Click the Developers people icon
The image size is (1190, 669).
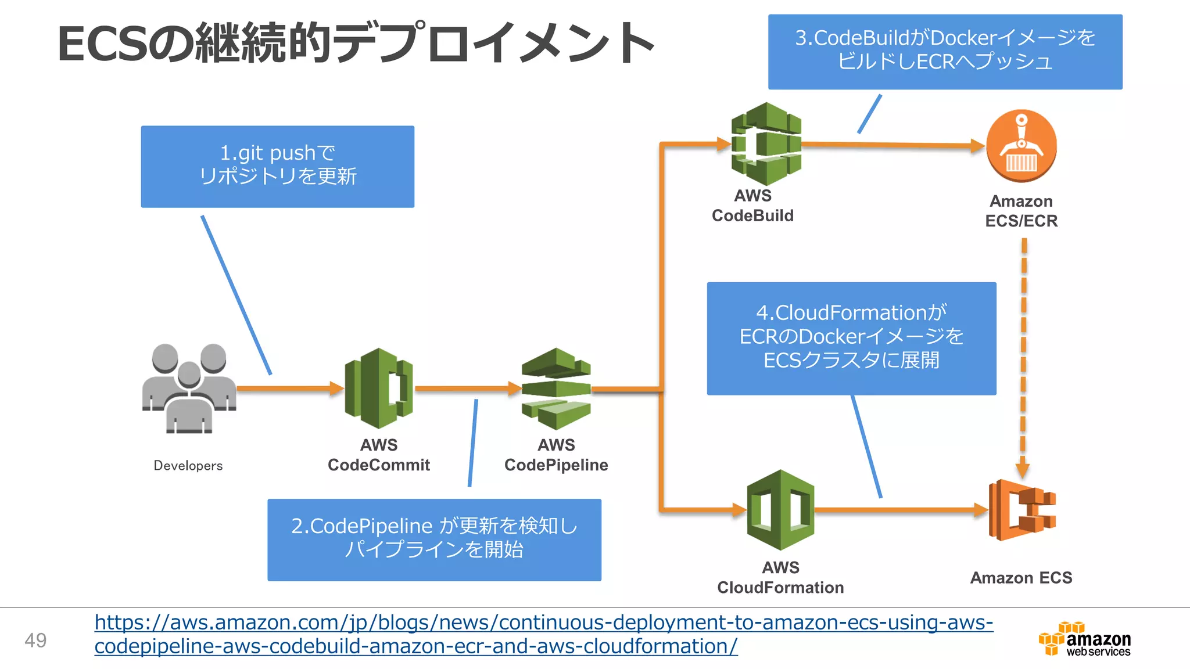[189, 388]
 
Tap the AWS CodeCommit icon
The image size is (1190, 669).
[379, 388]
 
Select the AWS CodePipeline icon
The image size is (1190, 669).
[556, 389]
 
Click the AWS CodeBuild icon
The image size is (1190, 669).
[766, 143]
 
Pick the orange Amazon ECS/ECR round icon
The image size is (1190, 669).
[1021, 146]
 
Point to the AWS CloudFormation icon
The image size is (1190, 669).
[780, 509]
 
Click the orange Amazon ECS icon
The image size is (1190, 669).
[1022, 510]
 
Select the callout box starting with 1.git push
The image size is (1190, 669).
[277, 166]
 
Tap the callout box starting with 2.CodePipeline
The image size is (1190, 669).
[434, 539]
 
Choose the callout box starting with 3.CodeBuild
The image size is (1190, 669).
[945, 51]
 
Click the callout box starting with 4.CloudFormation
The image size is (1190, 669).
[851, 338]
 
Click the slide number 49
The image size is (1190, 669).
[35, 640]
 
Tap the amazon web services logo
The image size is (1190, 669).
[1085, 639]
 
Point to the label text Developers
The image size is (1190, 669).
[188, 466]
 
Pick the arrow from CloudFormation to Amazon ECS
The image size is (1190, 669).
[901, 510]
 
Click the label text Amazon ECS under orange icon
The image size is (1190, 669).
[1021, 578]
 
